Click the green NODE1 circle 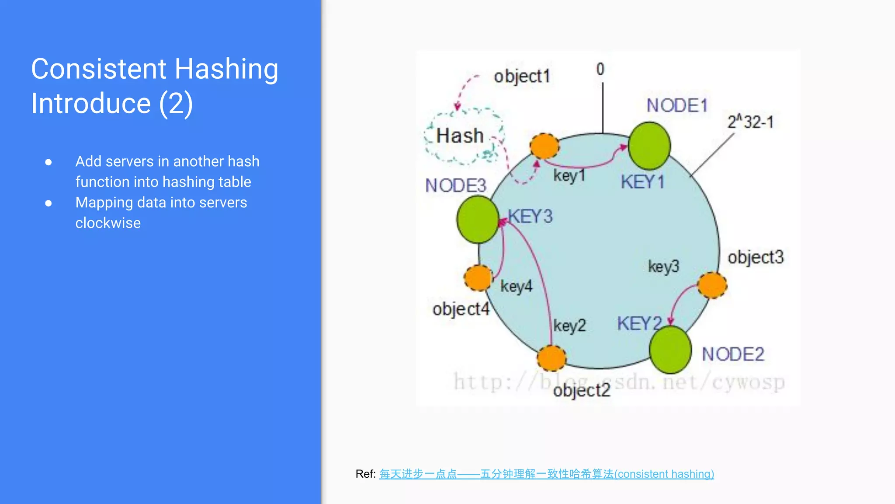649,146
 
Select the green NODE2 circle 670,350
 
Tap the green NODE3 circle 478,219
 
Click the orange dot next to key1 545,146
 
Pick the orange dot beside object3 712,285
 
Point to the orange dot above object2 552,358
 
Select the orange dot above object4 478,278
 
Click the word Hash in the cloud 460,136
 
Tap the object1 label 522,77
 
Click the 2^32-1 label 750,122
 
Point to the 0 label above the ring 600,69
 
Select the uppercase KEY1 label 642,182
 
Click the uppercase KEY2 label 639,324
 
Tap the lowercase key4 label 516,287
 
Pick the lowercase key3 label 663,266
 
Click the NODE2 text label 733,354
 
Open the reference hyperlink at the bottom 546,474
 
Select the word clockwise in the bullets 108,223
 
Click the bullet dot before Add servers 49,162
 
